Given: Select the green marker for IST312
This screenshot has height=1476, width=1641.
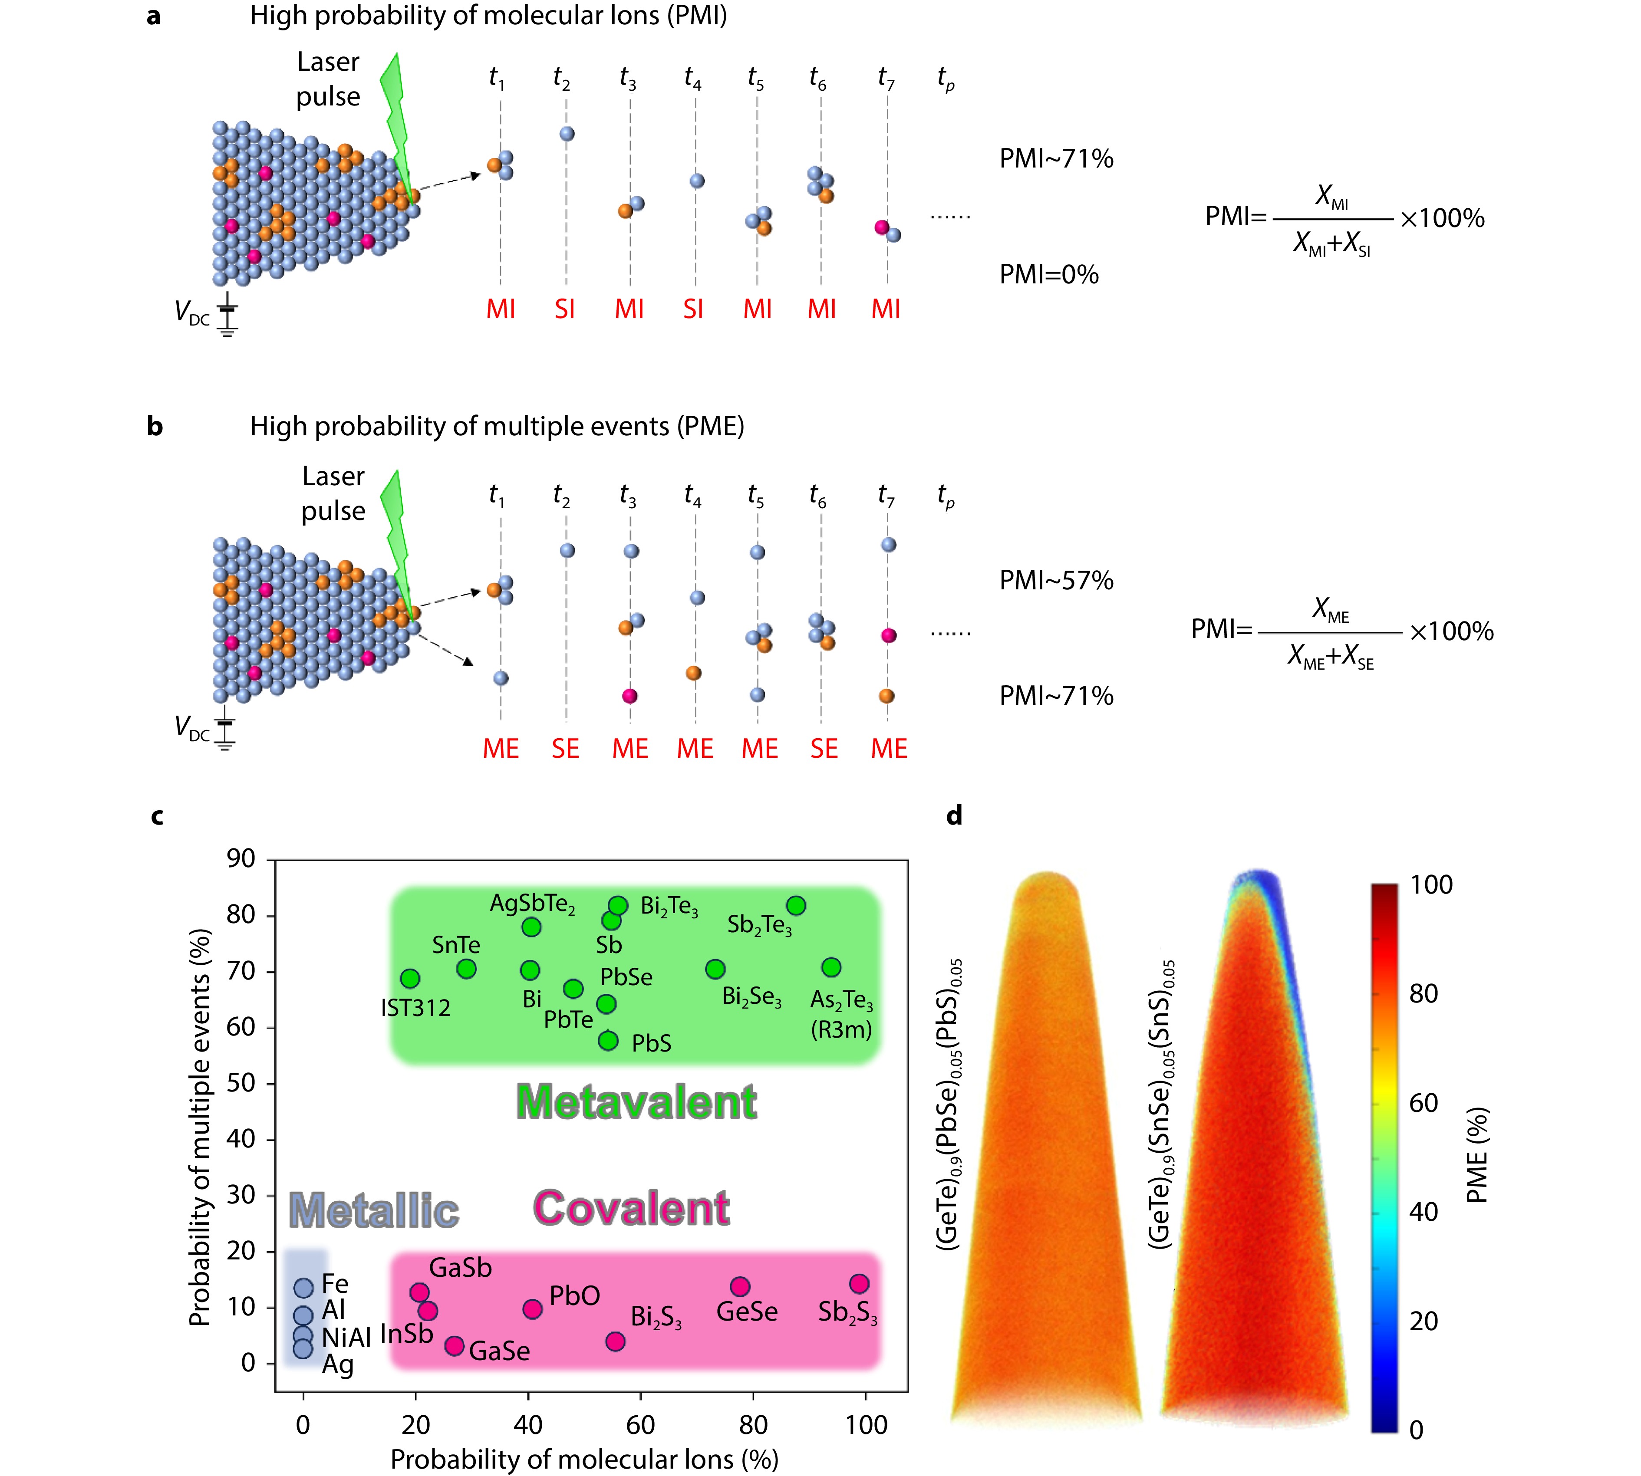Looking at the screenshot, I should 410,978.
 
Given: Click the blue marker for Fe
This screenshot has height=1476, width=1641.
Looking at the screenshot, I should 303,1287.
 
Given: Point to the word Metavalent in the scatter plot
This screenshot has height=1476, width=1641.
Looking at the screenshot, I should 637,1102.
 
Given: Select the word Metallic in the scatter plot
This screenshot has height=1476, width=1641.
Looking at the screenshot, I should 374,1211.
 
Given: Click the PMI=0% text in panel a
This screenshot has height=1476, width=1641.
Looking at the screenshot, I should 1049,274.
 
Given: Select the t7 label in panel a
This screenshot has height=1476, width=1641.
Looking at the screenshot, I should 886,79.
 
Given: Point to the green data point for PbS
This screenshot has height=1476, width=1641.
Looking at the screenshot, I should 608,1041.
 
